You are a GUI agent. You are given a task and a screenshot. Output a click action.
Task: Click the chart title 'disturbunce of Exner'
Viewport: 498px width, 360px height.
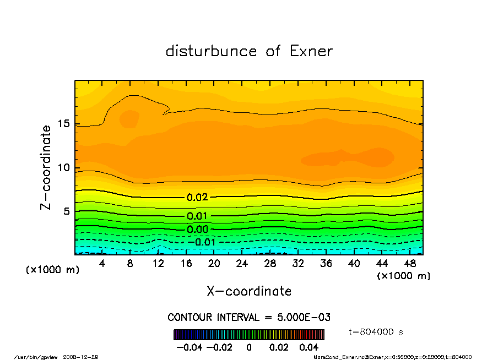(x=249, y=51)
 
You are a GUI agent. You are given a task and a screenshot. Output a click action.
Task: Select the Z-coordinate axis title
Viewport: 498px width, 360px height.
(x=46, y=167)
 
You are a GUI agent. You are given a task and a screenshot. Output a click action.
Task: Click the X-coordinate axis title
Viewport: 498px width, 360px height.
(x=249, y=291)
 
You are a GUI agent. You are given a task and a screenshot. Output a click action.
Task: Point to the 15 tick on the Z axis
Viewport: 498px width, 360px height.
(x=64, y=124)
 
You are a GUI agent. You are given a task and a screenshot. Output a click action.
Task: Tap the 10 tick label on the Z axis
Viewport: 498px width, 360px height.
(x=64, y=168)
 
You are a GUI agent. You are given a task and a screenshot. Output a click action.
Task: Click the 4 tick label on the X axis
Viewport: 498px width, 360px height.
(x=102, y=263)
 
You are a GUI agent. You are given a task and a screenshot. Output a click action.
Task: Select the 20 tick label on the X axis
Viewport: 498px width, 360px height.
(x=214, y=263)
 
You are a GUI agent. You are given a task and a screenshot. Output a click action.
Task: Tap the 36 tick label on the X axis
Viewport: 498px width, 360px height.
(x=326, y=263)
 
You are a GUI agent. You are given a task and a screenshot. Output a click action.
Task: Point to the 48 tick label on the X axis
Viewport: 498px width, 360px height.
(x=410, y=263)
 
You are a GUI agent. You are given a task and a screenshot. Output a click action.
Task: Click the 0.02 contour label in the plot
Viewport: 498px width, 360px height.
(x=197, y=197)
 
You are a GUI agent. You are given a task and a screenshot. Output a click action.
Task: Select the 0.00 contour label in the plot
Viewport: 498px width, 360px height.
(x=197, y=230)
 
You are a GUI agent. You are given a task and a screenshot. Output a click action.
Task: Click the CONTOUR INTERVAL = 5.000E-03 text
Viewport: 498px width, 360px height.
(x=249, y=318)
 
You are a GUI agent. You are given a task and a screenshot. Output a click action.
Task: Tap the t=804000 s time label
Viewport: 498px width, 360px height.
(x=377, y=332)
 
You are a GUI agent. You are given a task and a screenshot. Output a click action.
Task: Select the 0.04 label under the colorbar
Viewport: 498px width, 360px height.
(x=309, y=347)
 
